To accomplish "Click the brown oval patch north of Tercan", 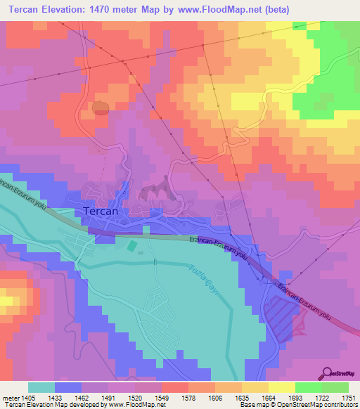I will tap(101, 108).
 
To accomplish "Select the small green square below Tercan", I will tap(132, 246).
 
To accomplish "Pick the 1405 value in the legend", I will tap(29, 397).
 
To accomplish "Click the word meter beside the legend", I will tap(10, 397).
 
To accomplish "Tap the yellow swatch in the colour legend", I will tap(281, 387).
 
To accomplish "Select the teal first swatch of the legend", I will tap(41, 387).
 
